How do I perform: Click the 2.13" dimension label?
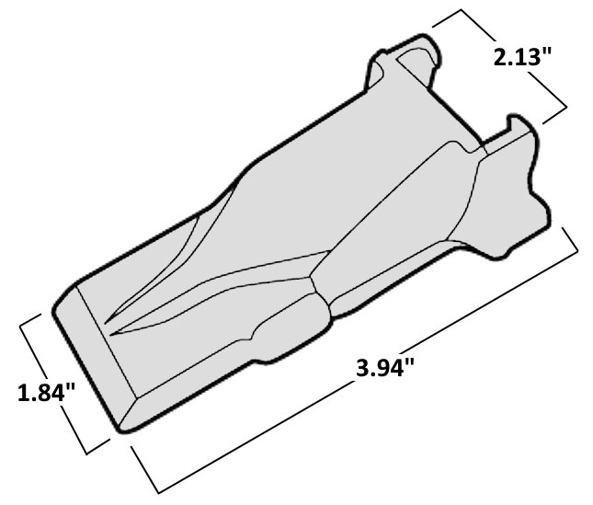point(521,57)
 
